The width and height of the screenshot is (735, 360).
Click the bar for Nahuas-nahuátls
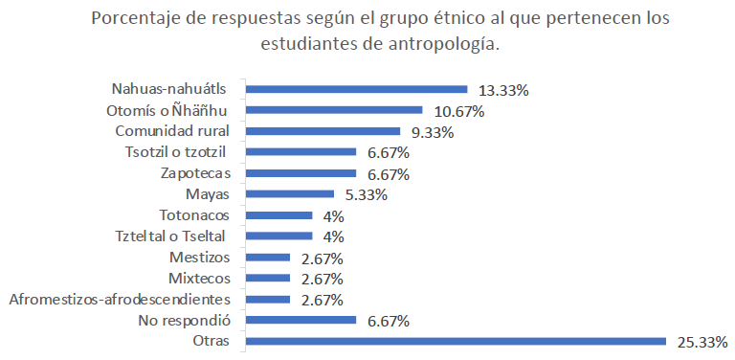coord(356,89)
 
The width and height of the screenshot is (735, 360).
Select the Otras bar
coord(456,341)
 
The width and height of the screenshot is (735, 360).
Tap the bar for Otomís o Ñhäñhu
coord(334,110)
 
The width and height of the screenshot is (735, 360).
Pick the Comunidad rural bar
coord(323,131)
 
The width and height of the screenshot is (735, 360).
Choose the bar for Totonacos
coord(278,215)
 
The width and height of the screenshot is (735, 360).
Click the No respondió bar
coord(301,320)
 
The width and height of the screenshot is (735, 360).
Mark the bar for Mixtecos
coord(268,278)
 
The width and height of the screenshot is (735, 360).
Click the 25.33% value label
coord(702,342)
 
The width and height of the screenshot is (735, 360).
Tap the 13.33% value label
coord(504,90)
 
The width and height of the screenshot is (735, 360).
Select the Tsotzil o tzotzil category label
coord(181,152)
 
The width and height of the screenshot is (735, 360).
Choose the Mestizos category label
coord(206,258)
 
